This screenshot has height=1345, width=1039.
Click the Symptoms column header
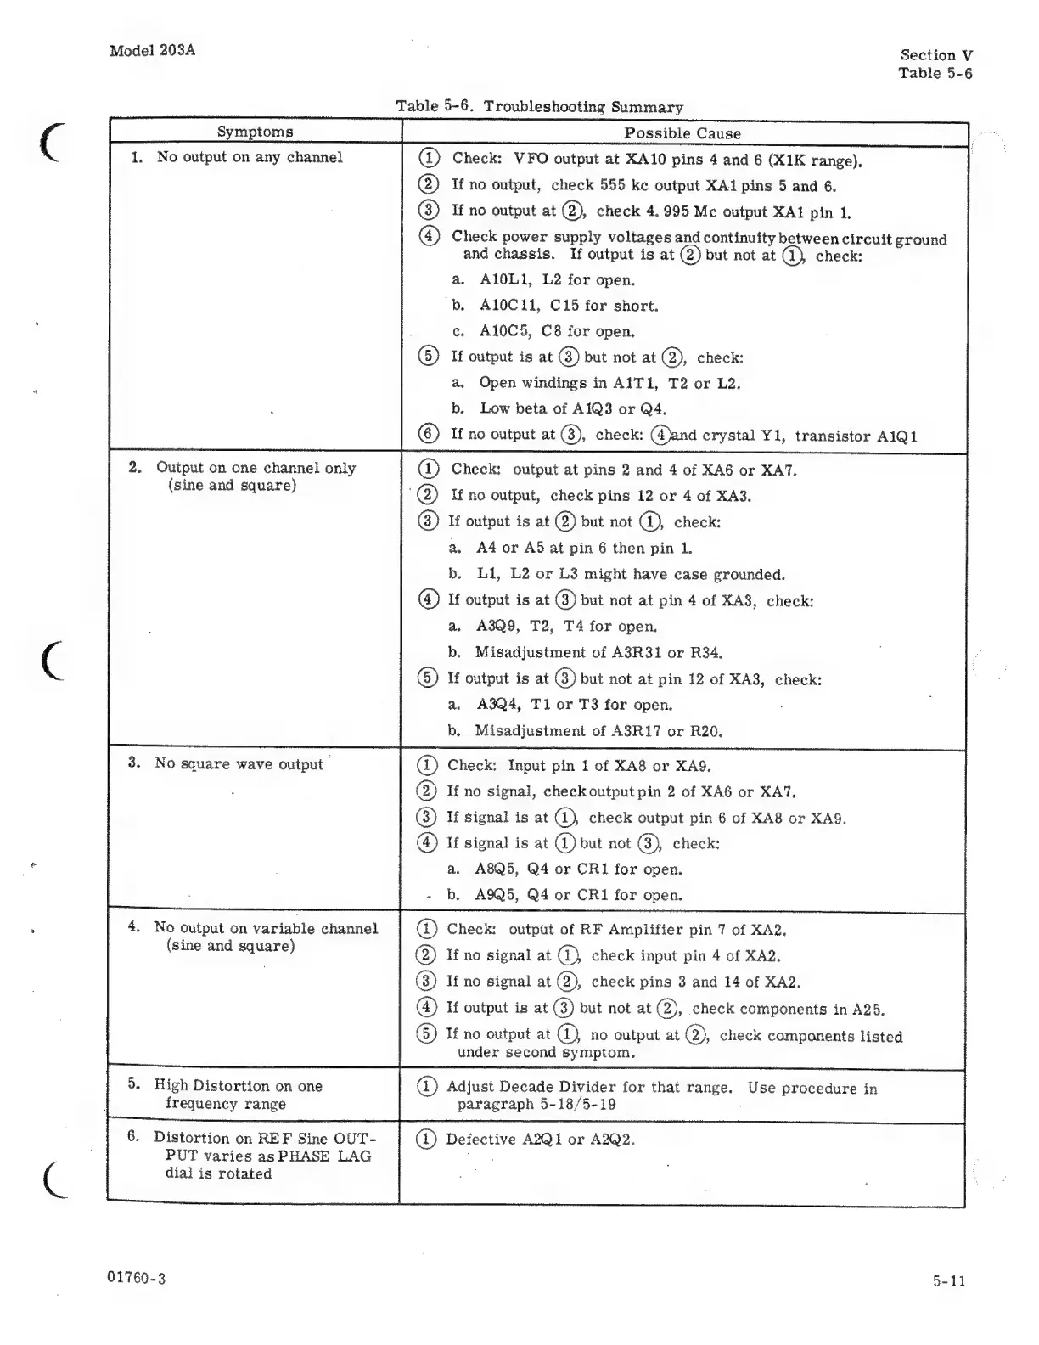coord(255,132)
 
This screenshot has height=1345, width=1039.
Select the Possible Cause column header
coord(682,133)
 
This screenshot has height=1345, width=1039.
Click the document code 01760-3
coord(138,1278)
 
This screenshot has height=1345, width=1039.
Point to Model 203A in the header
coord(153,50)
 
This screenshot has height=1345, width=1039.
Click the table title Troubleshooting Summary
coord(583,107)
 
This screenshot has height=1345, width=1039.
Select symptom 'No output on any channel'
coord(250,157)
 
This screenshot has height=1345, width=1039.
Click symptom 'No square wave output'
coord(239,764)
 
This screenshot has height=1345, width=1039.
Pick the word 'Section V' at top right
coord(936,55)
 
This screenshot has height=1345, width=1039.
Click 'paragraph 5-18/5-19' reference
coord(536,1105)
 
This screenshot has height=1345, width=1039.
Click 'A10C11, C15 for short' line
coord(568,306)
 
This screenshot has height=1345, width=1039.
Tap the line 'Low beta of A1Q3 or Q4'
coord(572,408)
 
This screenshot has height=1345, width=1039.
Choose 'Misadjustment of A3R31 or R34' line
coord(598,653)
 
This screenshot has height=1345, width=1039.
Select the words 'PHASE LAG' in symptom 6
coord(329,1156)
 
